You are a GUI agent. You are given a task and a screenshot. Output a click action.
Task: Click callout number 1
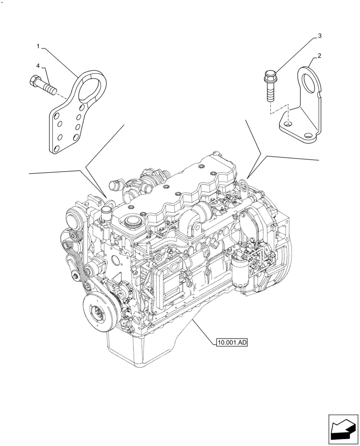[x=38, y=46]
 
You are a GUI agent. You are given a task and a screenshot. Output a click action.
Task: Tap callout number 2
[x=319, y=56]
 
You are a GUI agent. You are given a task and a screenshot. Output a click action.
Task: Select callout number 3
[x=319, y=35]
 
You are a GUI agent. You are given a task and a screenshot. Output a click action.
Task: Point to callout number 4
[x=38, y=66]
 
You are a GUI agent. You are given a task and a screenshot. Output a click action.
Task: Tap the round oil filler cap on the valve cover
[x=133, y=222]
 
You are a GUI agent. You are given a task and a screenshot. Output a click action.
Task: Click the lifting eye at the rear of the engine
[x=242, y=183]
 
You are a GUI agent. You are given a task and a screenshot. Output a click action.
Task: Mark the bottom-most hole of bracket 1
[x=56, y=149]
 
